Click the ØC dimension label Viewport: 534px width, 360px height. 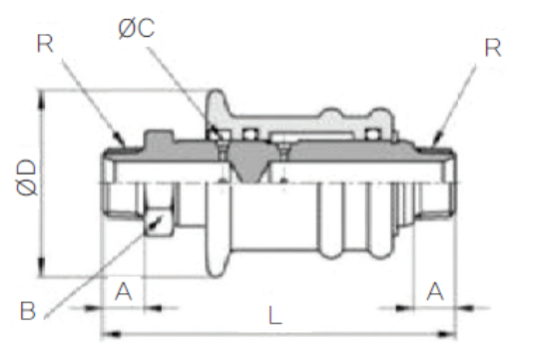(137, 28)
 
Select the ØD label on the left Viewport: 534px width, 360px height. (27, 178)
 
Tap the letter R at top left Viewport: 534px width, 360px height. (45, 44)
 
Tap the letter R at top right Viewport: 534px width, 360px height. (493, 48)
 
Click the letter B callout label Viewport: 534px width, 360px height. (28, 311)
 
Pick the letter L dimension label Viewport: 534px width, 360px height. (275, 315)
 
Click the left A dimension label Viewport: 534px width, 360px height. (124, 291)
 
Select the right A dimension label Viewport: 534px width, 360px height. (435, 291)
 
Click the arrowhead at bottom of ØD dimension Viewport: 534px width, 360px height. (41, 267)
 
